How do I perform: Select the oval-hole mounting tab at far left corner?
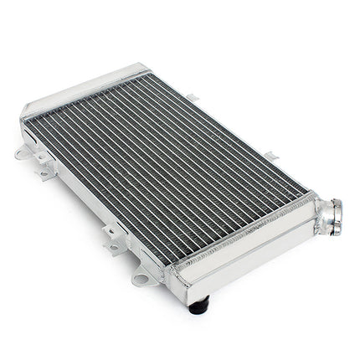[x=23, y=154]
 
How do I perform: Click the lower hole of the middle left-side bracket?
[x=112, y=248]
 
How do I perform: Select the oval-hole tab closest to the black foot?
[x=142, y=277]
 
